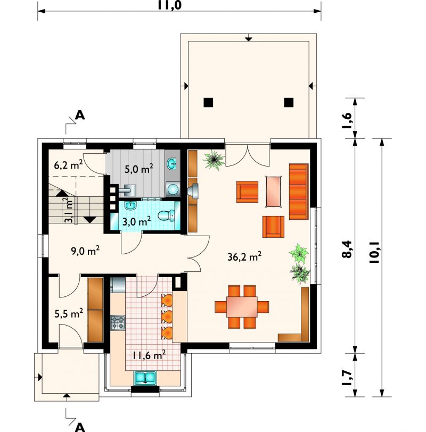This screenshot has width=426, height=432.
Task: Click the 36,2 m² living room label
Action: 244,256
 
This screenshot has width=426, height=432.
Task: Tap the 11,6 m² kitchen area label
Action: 149,355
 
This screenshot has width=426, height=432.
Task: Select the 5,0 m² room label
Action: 138,169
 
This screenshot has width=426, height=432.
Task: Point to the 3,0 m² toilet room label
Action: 136,221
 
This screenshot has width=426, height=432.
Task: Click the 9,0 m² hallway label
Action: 85,251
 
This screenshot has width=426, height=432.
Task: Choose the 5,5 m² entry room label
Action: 69,313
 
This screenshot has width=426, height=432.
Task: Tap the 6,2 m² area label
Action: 68,165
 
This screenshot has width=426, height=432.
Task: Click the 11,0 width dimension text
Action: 169,5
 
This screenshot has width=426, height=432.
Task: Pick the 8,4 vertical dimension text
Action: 347,250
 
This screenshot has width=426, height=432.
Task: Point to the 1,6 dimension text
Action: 347,120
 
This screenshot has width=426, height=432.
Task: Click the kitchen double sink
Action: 145,378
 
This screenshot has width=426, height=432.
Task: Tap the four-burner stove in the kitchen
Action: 118,322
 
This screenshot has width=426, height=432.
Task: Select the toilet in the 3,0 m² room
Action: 167,215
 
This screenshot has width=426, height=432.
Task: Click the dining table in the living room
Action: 242,306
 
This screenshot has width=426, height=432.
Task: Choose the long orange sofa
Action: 299,192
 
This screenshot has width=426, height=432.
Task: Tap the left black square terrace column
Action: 208,102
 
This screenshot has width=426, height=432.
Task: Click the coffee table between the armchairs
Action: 274,192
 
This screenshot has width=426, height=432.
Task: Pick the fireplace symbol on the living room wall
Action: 193,191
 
